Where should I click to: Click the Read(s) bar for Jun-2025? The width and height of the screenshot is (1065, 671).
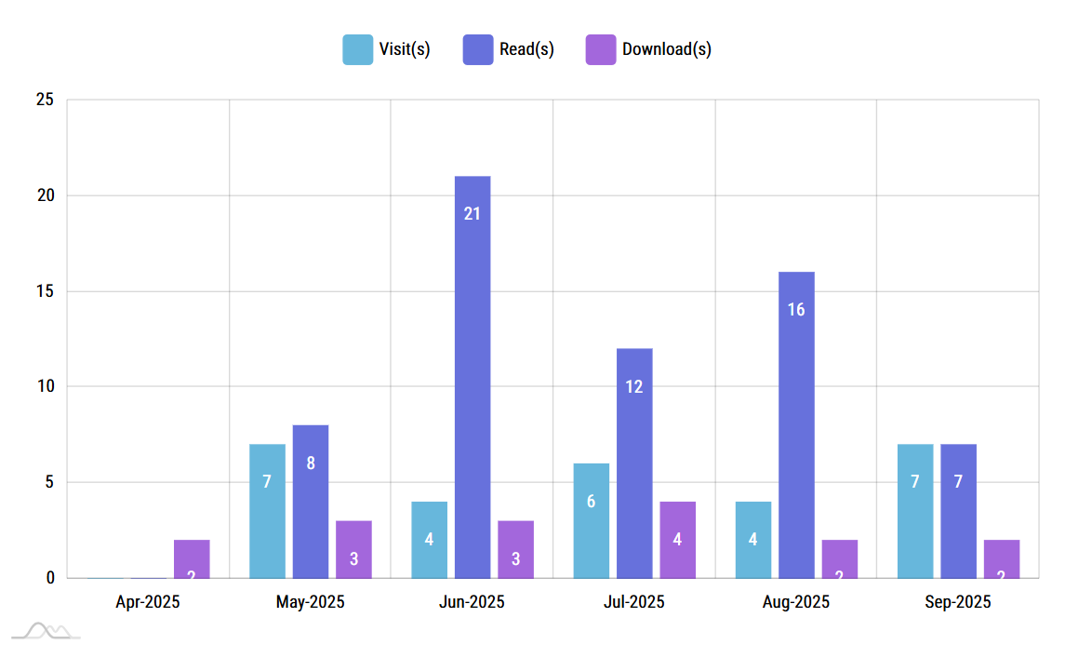[x=473, y=377]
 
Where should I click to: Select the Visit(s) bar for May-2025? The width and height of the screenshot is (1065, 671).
[x=267, y=511]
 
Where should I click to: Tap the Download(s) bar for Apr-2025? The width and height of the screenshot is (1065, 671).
[x=192, y=559]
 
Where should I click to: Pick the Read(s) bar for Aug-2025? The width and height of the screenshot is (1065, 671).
[x=796, y=424]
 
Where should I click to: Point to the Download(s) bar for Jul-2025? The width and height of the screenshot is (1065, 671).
[x=678, y=540]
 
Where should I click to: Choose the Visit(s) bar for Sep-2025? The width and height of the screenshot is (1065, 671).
[x=915, y=511]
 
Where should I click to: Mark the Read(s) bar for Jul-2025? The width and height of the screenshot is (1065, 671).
[x=634, y=463]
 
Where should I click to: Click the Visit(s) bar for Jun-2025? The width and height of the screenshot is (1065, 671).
[x=429, y=540]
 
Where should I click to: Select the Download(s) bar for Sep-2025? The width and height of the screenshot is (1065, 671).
[x=1002, y=559]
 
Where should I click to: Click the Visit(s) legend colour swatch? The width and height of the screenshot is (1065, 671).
[x=357, y=49]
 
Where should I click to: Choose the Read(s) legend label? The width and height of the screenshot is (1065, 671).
[x=526, y=49]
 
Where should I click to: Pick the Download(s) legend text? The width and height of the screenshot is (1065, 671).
[x=667, y=49]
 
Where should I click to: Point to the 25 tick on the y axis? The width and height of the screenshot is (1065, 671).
[x=45, y=100]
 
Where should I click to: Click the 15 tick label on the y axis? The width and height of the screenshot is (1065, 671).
[x=45, y=291]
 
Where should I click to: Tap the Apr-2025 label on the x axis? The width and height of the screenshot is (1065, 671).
[x=148, y=602]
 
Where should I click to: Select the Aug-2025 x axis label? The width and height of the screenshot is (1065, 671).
[x=796, y=602]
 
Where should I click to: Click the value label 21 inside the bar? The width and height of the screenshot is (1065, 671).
[x=473, y=214]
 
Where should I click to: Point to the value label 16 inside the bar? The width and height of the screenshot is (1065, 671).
[x=796, y=310]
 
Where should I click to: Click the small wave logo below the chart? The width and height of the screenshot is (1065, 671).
[x=47, y=632]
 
